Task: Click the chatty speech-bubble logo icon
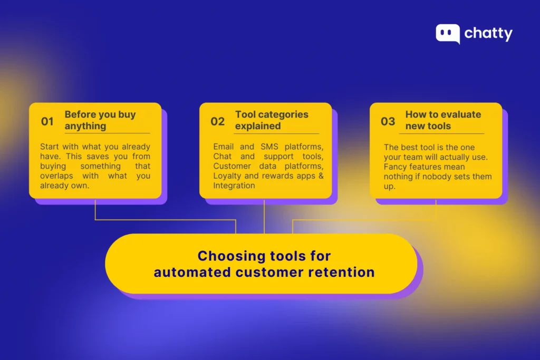click(447, 34)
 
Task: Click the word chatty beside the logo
click(488, 34)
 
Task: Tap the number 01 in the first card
click(47, 121)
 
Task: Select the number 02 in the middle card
click(218, 121)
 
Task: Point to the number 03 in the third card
click(388, 121)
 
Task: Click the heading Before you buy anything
click(100, 120)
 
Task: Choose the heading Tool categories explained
click(272, 120)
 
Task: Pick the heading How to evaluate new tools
click(443, 120)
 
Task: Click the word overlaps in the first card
click(56, 176)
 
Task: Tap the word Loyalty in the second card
click(227, 176)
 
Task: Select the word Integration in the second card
click(234, 186)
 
